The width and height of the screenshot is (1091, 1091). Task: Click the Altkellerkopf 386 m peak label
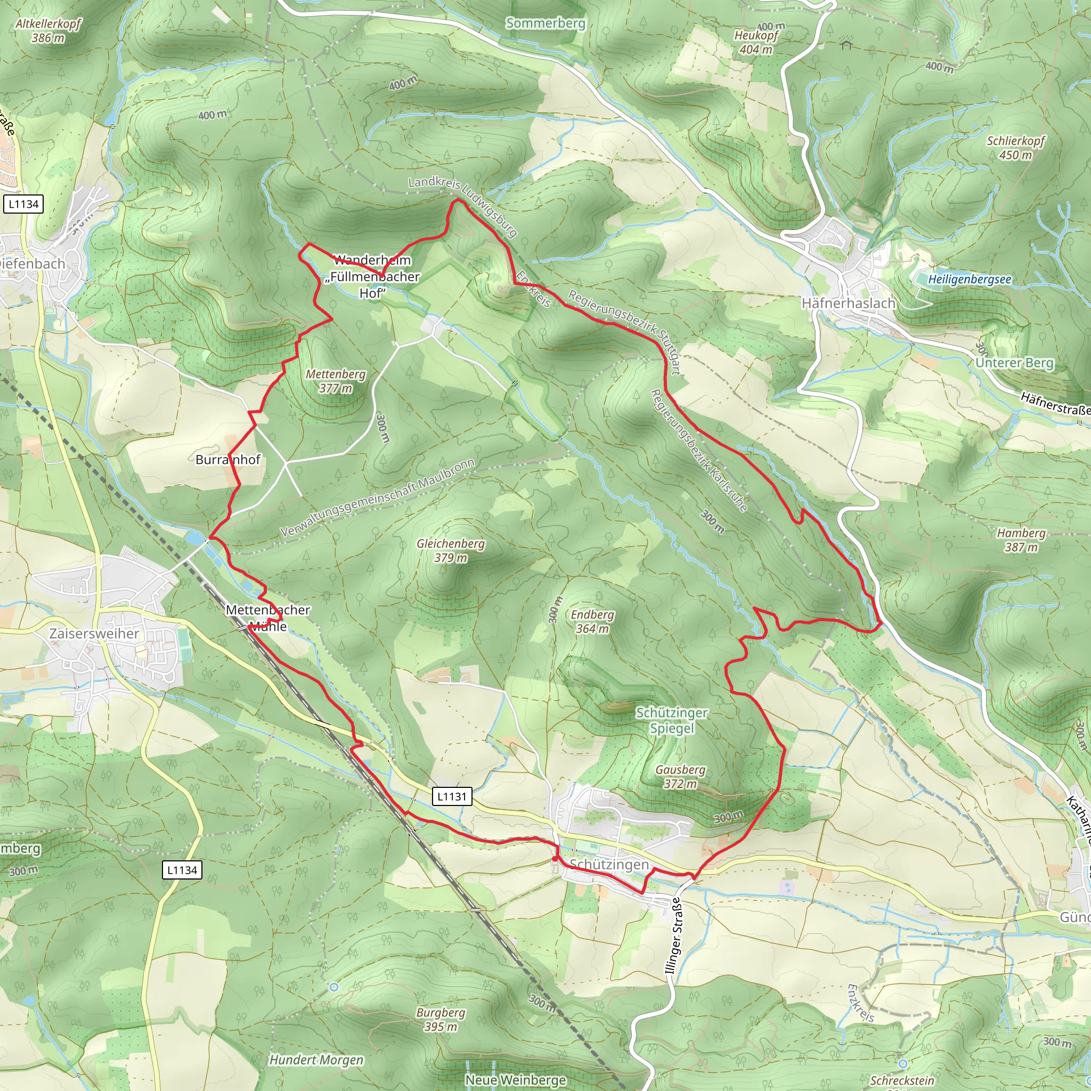pos(48,30)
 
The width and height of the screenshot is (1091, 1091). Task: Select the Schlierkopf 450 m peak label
pos(1015,148)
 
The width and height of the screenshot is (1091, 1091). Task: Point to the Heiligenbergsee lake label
pos(970,279)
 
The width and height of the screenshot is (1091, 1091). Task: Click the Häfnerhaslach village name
pos(848,303)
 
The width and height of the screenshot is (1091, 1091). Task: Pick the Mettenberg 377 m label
pos(336,381)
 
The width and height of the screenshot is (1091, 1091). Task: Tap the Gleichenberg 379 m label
pos(451,551)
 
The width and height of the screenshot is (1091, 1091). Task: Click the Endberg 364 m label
pos(592,621)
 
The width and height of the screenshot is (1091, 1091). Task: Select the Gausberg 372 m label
pos(680,777)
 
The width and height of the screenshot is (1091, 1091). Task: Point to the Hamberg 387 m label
pos(1021,540)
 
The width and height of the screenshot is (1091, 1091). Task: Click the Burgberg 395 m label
pos(441,1019)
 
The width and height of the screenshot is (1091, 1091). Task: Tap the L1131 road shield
pos(452,796)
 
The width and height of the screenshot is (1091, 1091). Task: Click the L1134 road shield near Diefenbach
pos(24,204)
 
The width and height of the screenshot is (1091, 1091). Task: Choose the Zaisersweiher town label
pos(94,633)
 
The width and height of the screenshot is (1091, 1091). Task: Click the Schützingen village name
pos(609,865)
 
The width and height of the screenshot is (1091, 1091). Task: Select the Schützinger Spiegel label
pos(671,720)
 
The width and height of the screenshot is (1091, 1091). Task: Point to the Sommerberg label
pos(545,23)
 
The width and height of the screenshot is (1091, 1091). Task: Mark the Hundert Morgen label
pos(316,1060)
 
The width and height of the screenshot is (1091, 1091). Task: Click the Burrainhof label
pos(227,460)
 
